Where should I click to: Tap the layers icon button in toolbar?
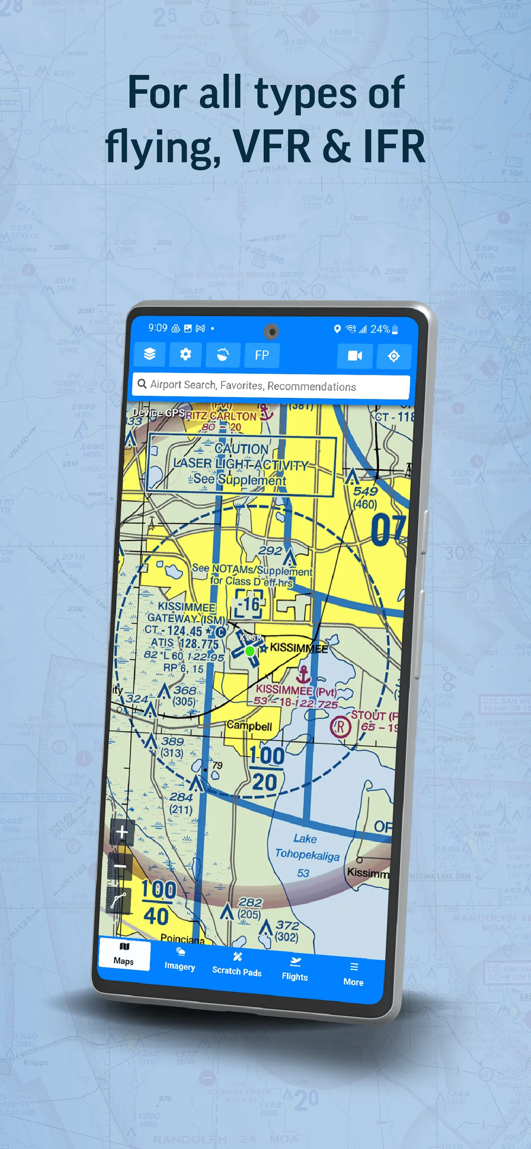(x=149, y=354)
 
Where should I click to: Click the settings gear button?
(x=185, y=354)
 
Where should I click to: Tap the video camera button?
(x=354, y=355)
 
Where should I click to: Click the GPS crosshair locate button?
(x=393, y=356)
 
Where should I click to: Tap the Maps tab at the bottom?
(x=124, y=954)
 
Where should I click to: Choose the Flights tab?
(x=295, y=970)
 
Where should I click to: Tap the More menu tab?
(x=353, y=975)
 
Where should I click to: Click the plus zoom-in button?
(x=122, y=832)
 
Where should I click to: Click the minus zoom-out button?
(x=120, y=866)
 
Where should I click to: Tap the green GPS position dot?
(x=250, y=651)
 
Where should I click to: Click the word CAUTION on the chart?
(x=242, y=448)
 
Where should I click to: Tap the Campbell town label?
(x=249, y=726)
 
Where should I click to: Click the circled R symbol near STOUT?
(x=340, y=727)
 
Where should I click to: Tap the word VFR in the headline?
(x=272, y=146)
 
